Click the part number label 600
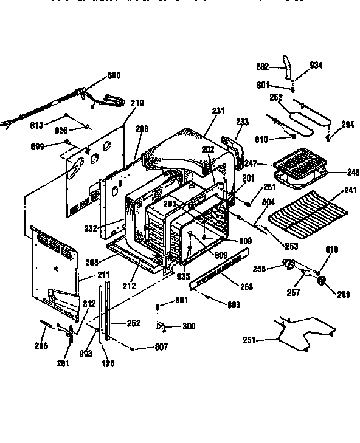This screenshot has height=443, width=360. point(114,75)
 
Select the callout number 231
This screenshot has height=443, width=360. point(218,111)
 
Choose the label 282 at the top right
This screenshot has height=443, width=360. point(263,66)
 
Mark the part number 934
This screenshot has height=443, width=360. point(316,66)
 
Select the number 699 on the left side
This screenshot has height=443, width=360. point(38,146)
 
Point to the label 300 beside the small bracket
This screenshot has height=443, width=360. point(189,326)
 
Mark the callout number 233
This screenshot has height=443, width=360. point(242,122)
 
